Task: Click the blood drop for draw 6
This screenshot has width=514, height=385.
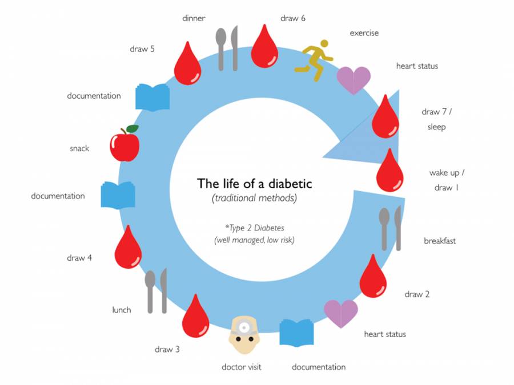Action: [264, 47]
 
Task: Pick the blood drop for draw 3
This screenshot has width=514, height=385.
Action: [195, 317]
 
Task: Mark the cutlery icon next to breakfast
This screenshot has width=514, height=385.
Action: [391, 228]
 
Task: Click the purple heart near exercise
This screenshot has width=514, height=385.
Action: [354, 80]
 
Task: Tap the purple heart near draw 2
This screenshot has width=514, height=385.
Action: [341, 313]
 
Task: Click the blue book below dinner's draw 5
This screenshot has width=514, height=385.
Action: [152, 97]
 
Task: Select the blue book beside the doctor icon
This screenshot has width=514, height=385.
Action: [297, 332]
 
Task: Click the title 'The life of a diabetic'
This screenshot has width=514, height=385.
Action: [255, 184]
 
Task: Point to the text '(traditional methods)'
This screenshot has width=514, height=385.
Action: [255, 199]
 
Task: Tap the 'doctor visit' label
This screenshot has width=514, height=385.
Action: [242, 367]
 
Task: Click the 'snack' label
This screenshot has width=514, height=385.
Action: [79, 148]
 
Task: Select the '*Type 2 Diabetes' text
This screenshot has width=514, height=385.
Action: [255, 228]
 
